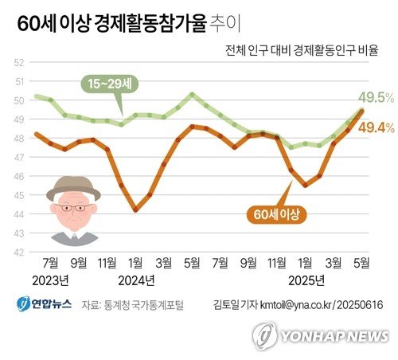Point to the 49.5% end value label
coord(377,98)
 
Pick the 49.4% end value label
coord(377,127)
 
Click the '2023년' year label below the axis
coord(51,280)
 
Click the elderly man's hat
coord(73,190)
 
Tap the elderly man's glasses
coord(73,208)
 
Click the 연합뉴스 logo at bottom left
coord(43,303)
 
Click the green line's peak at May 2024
coord(192,94)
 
